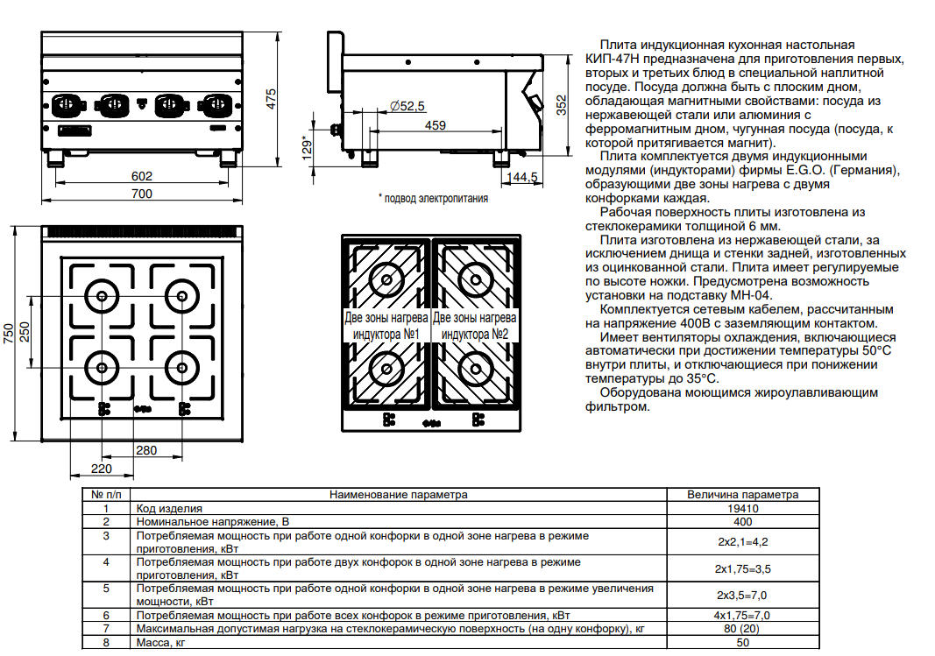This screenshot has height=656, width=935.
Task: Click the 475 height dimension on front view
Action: (272, 99)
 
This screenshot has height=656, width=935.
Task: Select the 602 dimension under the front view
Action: (142, 176)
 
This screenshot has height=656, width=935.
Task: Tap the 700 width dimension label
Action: (142, 194)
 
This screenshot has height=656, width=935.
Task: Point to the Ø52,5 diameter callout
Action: (407, 106)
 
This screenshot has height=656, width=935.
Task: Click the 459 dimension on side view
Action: (436, 125)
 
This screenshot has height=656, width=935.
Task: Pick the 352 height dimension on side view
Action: (561, 105)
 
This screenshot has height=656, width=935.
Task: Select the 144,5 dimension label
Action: (522, 178)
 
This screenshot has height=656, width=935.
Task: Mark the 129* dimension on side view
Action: (307, 147)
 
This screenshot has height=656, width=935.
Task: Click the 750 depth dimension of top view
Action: (9, 333)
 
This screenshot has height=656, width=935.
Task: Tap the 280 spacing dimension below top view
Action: (146, 450)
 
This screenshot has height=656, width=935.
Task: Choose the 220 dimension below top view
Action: (102, 469)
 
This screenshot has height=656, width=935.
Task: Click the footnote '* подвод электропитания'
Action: (434, 199)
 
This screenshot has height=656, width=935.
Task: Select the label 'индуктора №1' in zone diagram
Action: (386, 335)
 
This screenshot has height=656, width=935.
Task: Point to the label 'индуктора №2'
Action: (475, 335)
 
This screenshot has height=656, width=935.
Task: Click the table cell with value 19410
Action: (743, 509)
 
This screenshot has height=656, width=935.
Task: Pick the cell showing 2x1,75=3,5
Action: (743, 569)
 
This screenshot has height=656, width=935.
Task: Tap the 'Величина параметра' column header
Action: (743, 495)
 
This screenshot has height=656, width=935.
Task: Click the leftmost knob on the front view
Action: (67, 105)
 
